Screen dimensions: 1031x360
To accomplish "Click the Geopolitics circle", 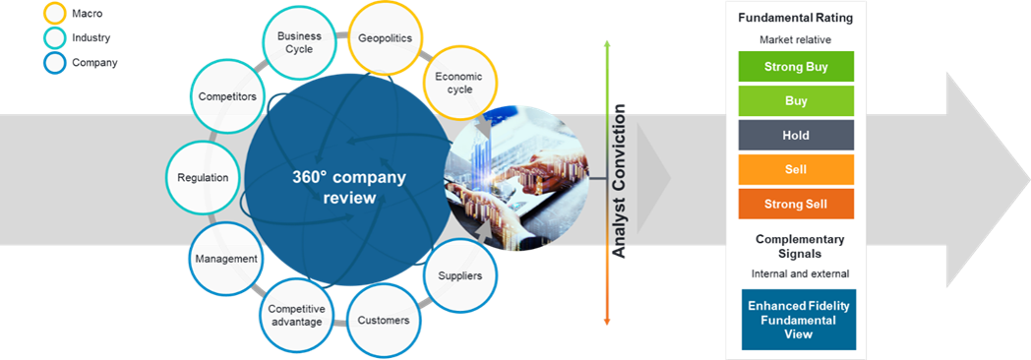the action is (x=385, y=38).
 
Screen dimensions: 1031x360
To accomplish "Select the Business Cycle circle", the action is (x=299, y=43).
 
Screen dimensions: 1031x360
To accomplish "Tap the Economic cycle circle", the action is (x=459, y=84).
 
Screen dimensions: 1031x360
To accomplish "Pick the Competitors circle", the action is (x=227, y=96).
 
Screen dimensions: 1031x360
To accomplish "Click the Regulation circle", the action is (x=204, y=177).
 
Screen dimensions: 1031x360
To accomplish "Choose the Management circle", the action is (x=225, y=258).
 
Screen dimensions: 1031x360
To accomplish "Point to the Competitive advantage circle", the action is (x=295, y=316).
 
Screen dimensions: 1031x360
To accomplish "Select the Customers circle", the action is (x=384, y=321).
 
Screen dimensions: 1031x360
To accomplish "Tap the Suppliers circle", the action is (x=459, y=275).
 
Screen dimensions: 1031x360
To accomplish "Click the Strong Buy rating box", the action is (x=796, y=66).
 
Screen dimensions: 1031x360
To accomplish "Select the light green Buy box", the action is (x=796, y=101).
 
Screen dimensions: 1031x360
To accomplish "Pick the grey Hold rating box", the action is (x=796, y=136).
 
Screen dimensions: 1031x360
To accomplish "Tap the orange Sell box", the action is (x=796, y=169).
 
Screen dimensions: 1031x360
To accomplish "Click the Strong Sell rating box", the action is (x=796, y=204).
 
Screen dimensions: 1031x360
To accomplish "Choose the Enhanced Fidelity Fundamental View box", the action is (x=799, y=320).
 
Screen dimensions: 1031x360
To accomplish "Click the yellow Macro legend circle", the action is (x=56, y=13).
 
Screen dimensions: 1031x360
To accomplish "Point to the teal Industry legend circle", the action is (x=56, y=38).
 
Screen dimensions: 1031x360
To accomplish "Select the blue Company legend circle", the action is (x=56, y=63).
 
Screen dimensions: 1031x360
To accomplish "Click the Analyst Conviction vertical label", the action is (x=620, y=181).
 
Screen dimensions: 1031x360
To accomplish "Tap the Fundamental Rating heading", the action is (x=796, y=18).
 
